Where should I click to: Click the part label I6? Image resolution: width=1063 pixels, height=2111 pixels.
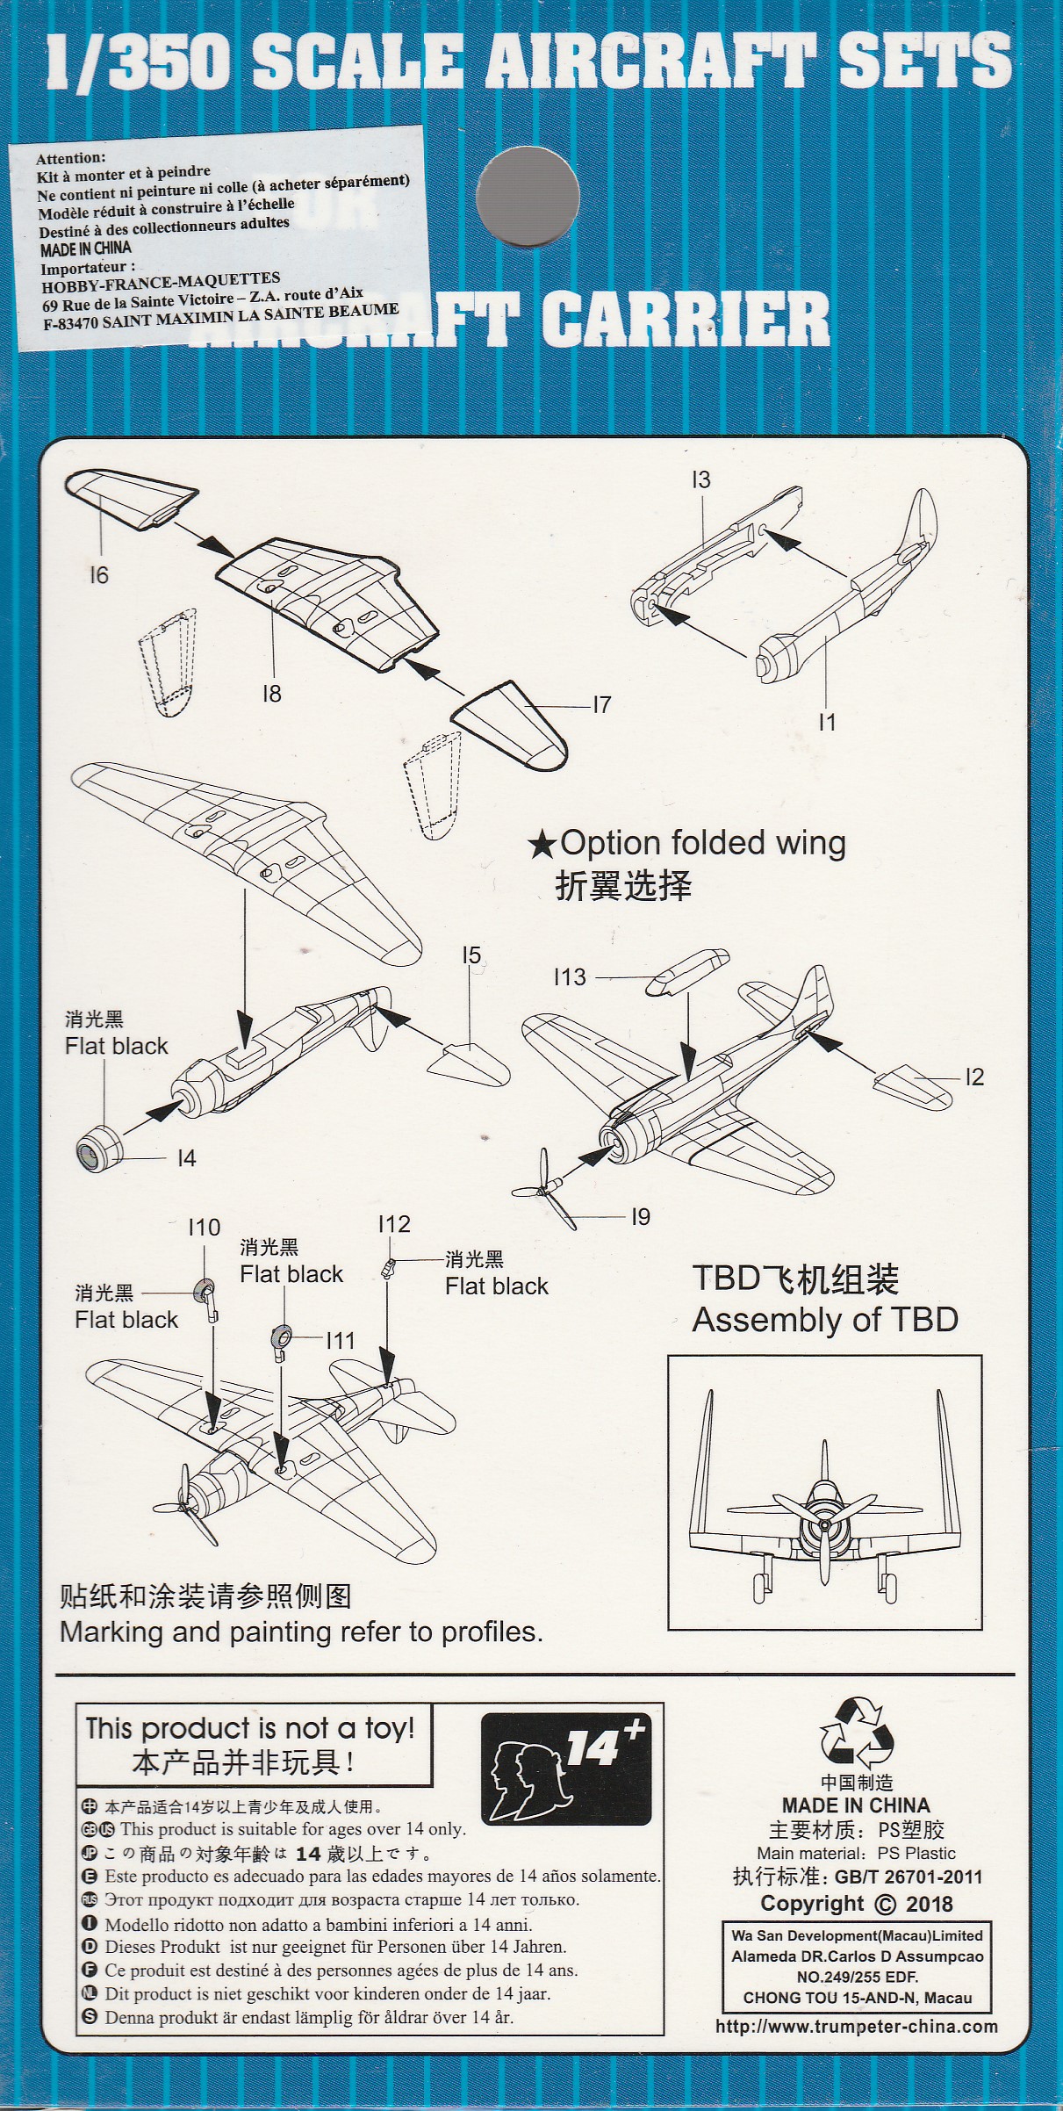[x=98, y=575]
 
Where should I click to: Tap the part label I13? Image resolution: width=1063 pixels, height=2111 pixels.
[x=570, y=976]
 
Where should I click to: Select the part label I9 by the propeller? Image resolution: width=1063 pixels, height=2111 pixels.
[x=641, y=1216]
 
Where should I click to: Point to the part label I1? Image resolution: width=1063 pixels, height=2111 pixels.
[x=827, y=722]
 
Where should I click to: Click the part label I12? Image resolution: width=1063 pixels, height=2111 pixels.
[x=394, y=1224]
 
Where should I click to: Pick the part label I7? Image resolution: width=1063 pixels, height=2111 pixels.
[x=601, y=704]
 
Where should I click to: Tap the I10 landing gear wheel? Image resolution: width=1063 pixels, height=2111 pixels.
[x=205, y=1293]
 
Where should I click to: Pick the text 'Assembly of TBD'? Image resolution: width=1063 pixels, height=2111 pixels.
[x=824, y=1320]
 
